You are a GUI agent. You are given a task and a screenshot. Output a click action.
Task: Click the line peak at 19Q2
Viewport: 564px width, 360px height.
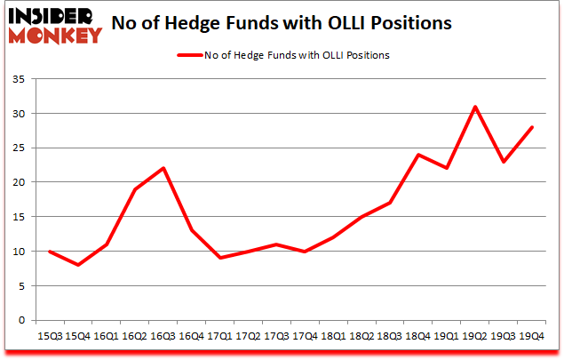tap(475, 107)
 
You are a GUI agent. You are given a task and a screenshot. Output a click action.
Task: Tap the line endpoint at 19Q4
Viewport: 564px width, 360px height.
tap(532, 127)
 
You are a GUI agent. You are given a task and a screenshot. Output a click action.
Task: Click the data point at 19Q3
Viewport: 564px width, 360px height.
tap(504, 162)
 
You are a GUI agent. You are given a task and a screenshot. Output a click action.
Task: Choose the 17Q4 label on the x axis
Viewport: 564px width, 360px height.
tap(305, 336)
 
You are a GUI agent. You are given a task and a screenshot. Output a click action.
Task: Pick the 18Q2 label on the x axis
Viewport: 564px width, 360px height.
tap(361, 336)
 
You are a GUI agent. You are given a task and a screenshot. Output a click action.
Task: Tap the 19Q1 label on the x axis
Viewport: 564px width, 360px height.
tap(447, 336)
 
